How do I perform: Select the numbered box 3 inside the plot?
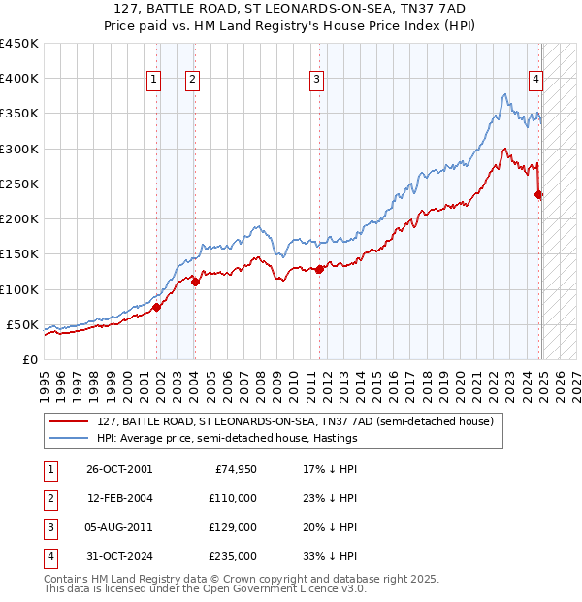tap(317, 81)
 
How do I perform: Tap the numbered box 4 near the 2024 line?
tap(534, 81)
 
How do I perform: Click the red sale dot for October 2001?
tap(156, 307)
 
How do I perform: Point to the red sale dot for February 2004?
tap(195, 283)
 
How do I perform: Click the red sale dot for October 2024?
tap(538, 194)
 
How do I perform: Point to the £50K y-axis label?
tap(21, 324)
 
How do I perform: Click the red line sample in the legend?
tap(68, 421)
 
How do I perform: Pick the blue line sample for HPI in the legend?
tap(68, 438)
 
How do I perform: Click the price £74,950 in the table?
tap(235, 469)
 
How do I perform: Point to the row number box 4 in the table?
tap(48, 556)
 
